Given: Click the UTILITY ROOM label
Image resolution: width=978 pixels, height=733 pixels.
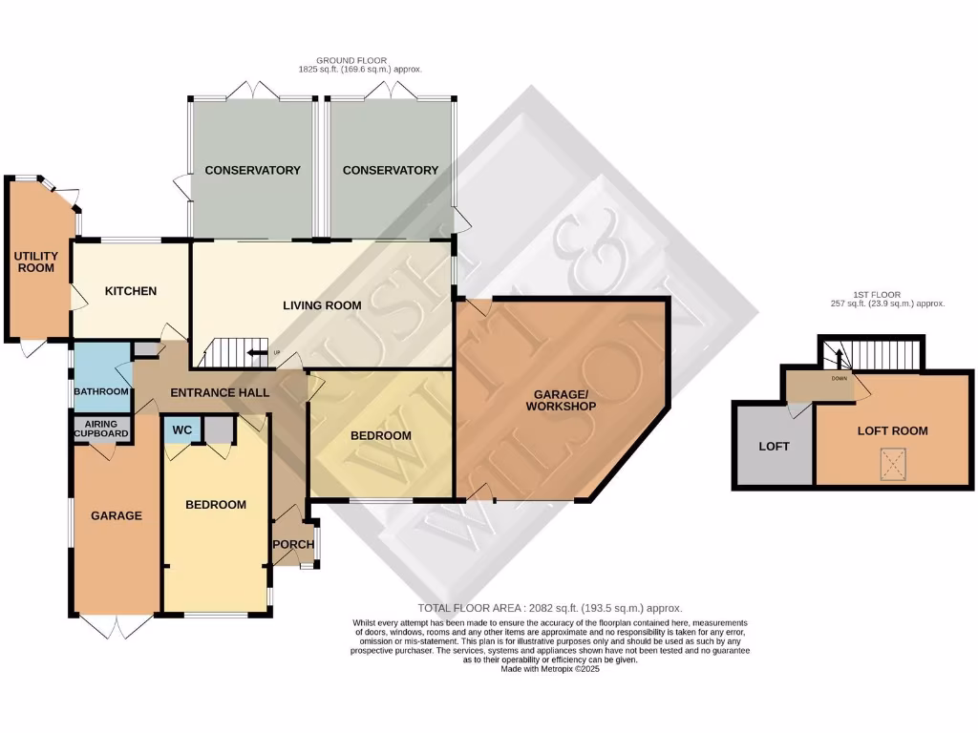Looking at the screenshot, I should (x=35, y=262).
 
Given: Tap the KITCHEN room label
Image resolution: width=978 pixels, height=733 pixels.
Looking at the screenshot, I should (x=131, y=291).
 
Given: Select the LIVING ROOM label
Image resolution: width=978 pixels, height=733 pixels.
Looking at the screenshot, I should (x=322, y=305).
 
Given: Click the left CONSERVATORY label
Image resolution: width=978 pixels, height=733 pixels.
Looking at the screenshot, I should (x=253, y=171).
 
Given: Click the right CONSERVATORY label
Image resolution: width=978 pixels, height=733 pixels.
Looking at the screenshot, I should (x=391, y=171).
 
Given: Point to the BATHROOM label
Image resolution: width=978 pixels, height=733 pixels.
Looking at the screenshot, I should (x=102, y=391).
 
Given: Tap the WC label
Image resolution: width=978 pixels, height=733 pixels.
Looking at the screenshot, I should (x=182, y=430).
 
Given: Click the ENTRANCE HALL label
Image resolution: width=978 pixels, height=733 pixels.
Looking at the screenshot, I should (x=220, y=392).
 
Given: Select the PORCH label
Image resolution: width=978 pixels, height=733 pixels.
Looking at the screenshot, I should (x=293, y=545).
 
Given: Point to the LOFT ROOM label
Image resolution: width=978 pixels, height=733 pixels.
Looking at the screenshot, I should (x=892, y=431).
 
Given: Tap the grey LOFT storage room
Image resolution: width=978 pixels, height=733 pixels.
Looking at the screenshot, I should (x=774, y=446).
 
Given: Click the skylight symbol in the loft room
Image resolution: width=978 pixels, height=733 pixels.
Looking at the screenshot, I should (x=892, y=465).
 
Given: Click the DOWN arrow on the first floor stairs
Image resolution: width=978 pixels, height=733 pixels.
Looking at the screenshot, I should (x=840, y=362).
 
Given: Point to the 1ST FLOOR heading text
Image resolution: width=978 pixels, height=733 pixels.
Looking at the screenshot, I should (x=887, y=294).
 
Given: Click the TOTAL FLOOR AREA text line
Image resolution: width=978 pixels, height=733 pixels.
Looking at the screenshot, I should (x=550, y=608).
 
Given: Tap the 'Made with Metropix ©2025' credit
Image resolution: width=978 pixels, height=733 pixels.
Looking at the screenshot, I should (x=550, y=669).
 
